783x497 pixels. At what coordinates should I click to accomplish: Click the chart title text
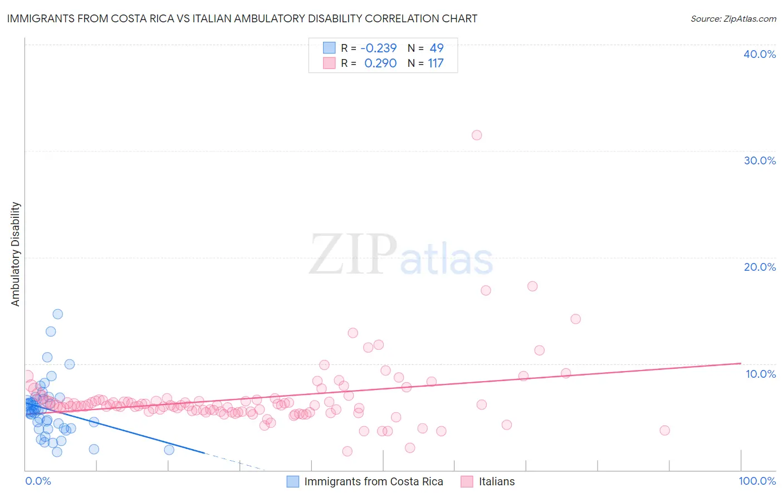coord(242,18)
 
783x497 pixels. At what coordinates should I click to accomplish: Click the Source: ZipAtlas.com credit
coord(733,19)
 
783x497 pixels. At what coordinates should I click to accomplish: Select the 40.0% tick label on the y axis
coord(760,54)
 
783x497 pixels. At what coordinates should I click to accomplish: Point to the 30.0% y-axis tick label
coord(760,160)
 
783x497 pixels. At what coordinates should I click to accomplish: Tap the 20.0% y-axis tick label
coord(760,267)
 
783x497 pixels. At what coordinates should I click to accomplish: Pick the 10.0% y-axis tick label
coord(761,374)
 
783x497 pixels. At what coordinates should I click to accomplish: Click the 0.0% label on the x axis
coord(38,481)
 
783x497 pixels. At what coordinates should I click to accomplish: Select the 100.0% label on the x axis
coord(757,481)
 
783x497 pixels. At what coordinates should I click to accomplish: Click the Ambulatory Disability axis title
coord(16,254)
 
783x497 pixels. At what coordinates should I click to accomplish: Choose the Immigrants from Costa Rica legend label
coord(374,481)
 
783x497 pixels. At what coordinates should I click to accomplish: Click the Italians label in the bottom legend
coord(497,481)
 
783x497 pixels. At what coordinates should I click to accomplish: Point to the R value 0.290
coord(380,64)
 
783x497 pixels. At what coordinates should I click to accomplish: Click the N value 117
coord(435,64)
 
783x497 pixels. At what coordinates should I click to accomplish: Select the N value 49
coord(436,48)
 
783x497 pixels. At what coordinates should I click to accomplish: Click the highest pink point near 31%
coord(477,135)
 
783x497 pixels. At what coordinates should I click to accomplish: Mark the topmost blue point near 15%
coord(57,314)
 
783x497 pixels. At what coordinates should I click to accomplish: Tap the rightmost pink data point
coord(664,430)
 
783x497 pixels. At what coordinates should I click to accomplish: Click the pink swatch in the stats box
coord(329,63)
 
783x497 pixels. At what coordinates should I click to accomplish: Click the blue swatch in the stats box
coord(329,48)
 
